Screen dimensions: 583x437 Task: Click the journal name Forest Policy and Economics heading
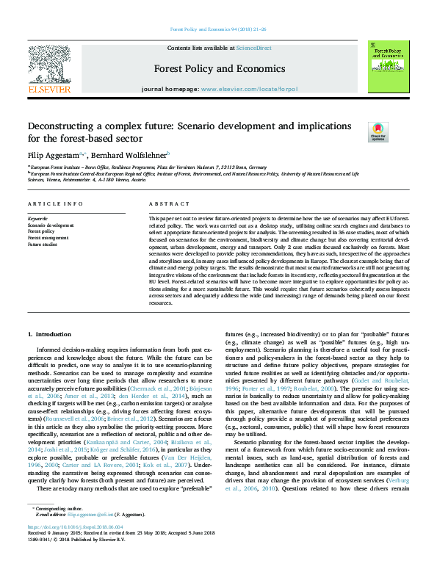219,69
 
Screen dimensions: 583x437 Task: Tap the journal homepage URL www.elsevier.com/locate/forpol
249,89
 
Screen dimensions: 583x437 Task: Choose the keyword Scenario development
50,225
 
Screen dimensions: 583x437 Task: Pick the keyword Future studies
43,243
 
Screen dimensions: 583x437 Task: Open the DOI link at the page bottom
73,548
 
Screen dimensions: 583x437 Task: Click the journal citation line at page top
218,29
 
